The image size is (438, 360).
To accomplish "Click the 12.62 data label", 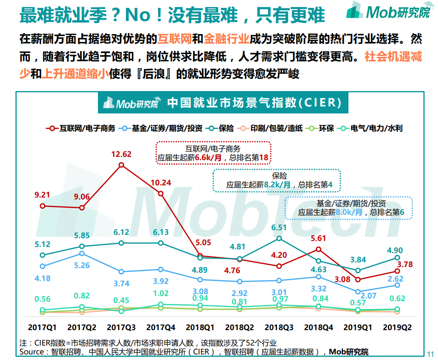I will (121, 154).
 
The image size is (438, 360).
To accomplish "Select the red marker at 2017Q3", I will (121, 165).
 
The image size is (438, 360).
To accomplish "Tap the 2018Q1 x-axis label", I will (200, 328).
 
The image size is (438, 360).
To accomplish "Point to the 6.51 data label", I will (279, 228).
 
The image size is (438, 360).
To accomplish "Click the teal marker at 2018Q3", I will (279, 238).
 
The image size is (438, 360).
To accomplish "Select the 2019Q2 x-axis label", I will (397, 328).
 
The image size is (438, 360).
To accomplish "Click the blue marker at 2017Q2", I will (82, 254).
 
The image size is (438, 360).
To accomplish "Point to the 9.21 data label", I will (42, 195).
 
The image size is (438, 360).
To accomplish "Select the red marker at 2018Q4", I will (319, 250).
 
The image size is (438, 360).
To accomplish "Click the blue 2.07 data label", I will (368, 296).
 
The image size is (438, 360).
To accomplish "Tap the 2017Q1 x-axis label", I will (42, 328).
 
